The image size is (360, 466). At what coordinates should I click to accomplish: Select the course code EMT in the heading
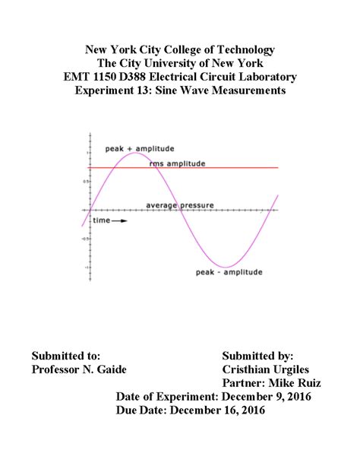80,77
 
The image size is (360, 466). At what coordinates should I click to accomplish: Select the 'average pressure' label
180,204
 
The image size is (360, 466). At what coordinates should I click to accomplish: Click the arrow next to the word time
120,220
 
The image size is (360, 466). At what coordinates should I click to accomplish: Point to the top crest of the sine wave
134,154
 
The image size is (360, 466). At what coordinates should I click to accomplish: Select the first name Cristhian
249,369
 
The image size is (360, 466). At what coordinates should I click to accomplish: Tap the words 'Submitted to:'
66,355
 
